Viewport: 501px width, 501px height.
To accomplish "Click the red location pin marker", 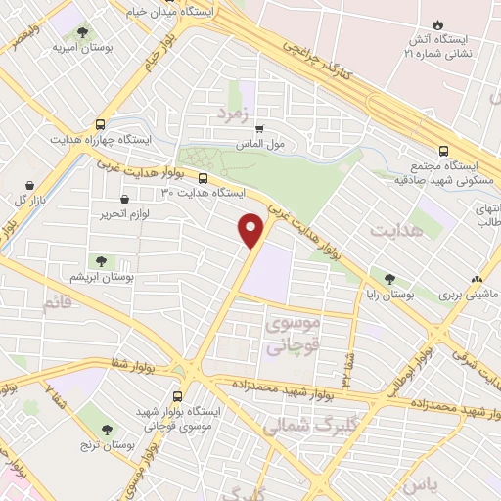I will pos(251,229).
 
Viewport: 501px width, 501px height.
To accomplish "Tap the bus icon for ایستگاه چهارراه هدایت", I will pos(101,124).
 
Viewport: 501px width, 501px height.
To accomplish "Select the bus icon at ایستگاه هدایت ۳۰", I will pos(203,178).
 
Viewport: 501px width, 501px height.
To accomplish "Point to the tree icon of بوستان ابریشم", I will pos(99,260).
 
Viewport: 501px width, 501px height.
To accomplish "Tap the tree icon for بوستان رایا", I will pos(391,279).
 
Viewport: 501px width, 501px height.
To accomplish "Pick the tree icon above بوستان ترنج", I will pos(107,429).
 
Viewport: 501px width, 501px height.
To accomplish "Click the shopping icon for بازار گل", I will pos(31,184).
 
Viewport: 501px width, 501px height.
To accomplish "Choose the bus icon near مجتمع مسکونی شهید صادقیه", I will pos(443,151).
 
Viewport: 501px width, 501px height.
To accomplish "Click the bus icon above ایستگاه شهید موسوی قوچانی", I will pos(177,396).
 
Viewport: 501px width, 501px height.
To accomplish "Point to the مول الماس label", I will pos(259,144).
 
